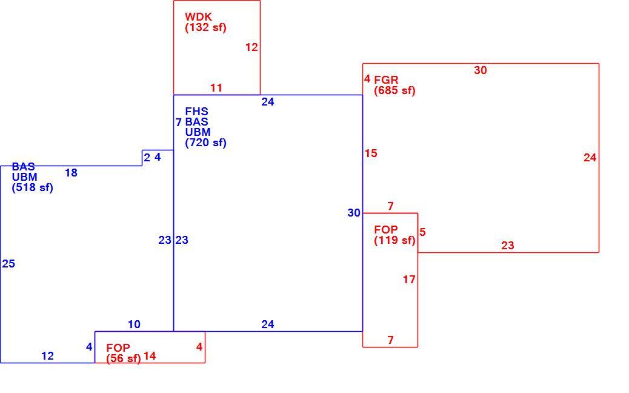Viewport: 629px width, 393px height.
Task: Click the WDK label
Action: click(198, 17)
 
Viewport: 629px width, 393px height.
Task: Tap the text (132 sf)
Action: click(205, 28)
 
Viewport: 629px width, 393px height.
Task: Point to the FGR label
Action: click(386, 80)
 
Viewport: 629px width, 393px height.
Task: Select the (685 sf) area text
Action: click(394, 91)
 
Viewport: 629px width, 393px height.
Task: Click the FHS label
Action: click(196, 112)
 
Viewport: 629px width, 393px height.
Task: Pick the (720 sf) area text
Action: click(205, 143)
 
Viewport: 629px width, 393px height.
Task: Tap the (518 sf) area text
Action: click(32, 188)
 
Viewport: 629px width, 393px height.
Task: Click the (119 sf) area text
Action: click(394, 240)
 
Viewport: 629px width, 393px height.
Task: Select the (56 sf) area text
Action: click(124, 358)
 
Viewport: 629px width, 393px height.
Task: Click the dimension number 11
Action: click(216, 88)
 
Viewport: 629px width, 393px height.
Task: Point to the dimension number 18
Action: click(71, 173)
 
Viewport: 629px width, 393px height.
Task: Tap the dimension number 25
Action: click(8, 264)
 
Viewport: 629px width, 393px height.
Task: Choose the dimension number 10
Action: click(134, 324)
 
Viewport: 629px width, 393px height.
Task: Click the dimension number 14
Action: click(150, 356)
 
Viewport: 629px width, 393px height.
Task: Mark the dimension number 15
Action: click(371, 153)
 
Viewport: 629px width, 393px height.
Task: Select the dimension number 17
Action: click(409, 280)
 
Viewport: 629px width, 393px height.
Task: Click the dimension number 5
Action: click(422, 232)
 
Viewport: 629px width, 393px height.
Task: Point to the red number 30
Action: click(480, 70)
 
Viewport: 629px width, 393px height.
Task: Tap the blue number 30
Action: click(354, 213)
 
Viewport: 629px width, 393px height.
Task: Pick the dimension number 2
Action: click(147, 158)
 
